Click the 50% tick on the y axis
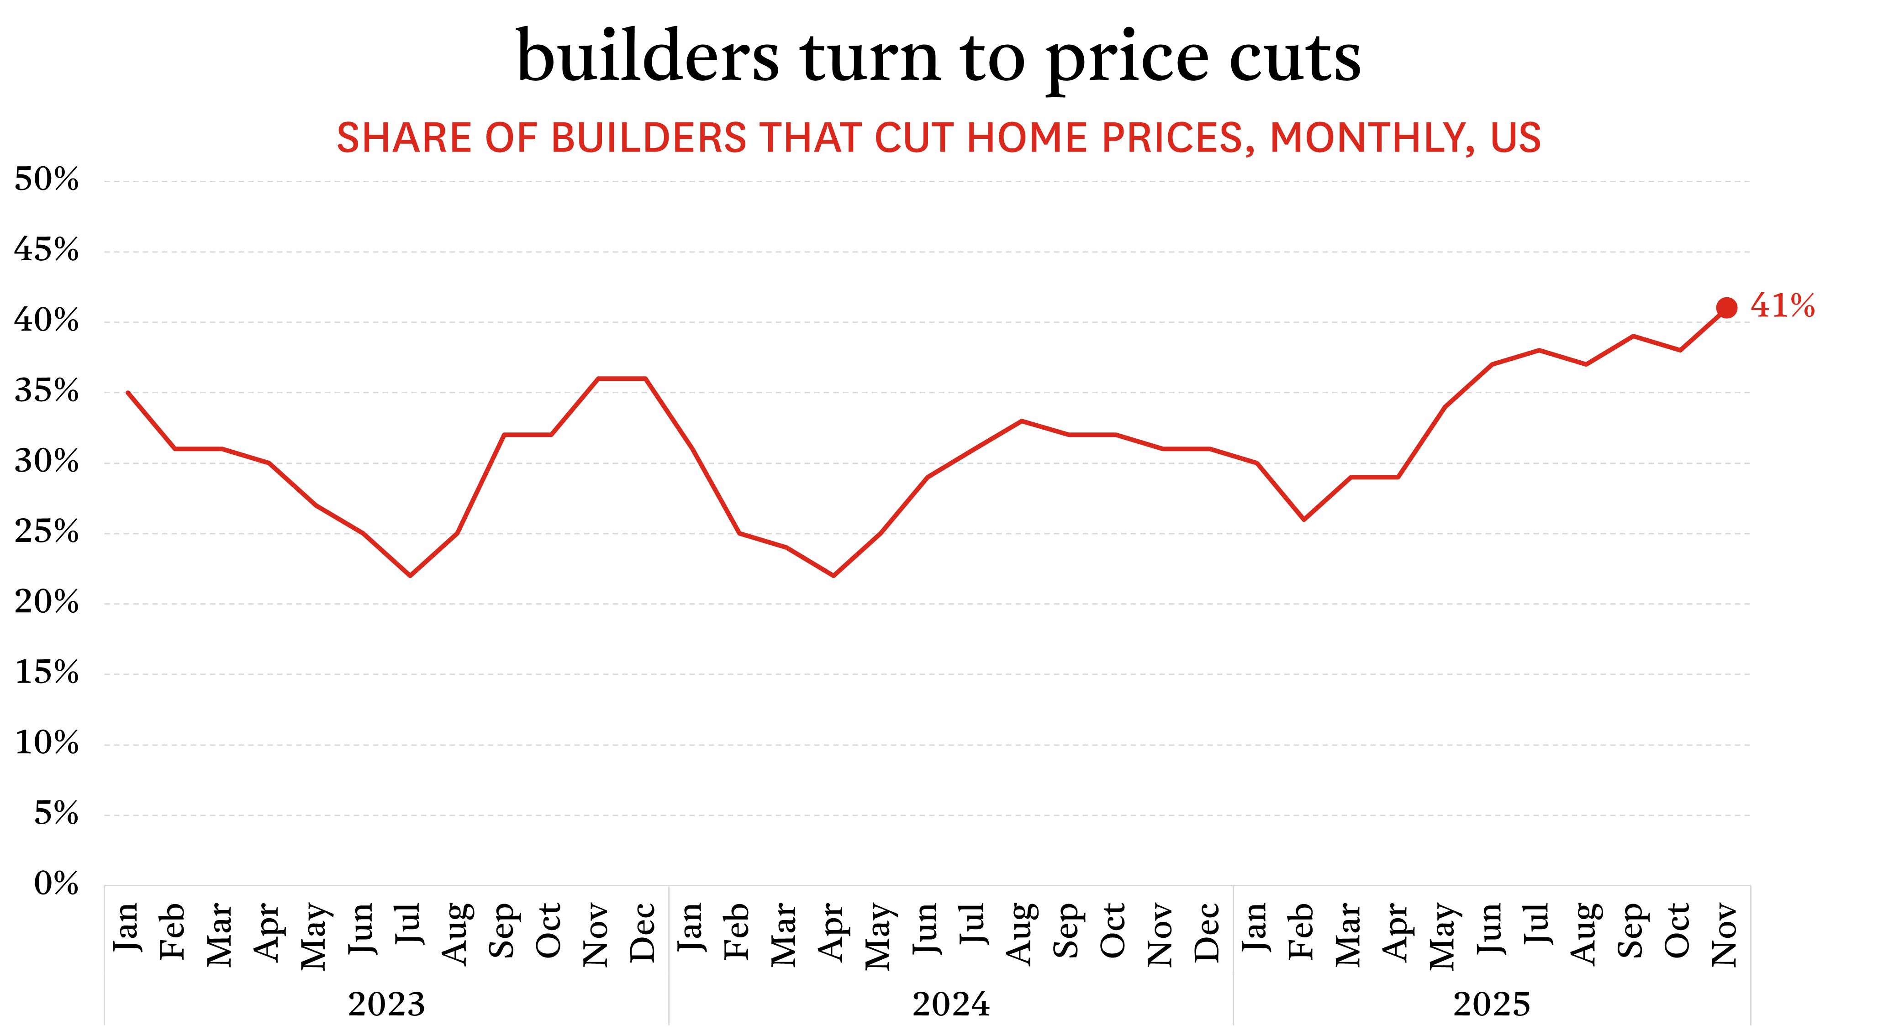point(47,179)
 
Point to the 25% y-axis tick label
point(47,532)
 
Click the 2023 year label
point(386,1004)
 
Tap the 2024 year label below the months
point(951,1004)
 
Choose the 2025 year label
point(1492,1004)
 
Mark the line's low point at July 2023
point(411,576)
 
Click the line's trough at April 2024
point(833,576)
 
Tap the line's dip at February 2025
point(1303,519)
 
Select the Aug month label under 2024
point(1021,933)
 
